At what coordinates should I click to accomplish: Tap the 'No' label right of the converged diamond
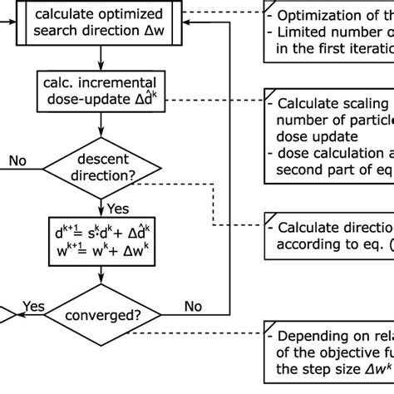click(x=193, y=307)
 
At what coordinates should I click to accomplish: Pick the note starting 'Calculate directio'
click(x=328, y=236)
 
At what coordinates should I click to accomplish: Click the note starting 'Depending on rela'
click(x=328, y=357)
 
